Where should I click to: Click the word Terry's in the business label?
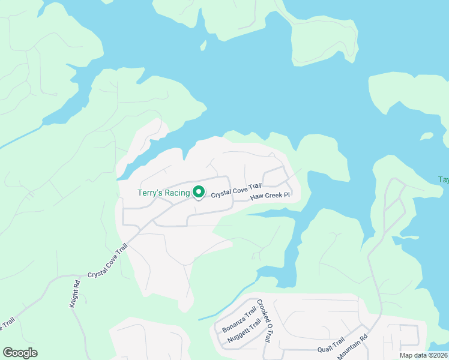150,193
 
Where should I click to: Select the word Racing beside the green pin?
177,193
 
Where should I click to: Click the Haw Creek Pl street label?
270,196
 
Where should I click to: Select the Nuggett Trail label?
244,332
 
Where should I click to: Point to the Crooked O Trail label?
265,320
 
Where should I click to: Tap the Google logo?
20,353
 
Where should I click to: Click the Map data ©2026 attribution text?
423,355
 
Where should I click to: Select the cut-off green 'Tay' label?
443,179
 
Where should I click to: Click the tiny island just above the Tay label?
427,136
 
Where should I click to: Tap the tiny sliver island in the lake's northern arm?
203,46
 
